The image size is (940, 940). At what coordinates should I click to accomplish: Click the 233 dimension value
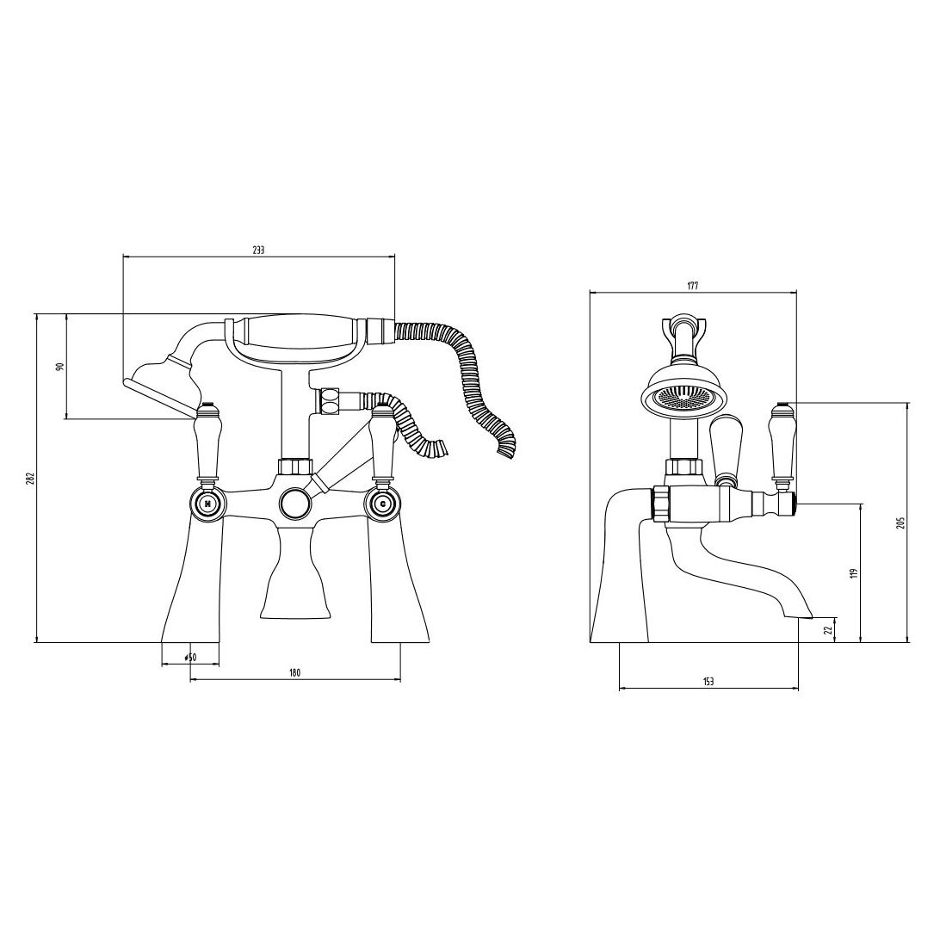(x=258, y=250)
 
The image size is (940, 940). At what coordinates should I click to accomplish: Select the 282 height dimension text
(x=29, y=478)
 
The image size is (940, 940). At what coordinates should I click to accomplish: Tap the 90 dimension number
(x=59, y=366)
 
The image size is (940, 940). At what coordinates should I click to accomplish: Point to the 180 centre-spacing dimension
(x=294, y=673)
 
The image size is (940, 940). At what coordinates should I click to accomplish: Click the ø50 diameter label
(x=190, y=658)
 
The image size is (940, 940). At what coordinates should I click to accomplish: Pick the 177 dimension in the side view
(x=693, y=286)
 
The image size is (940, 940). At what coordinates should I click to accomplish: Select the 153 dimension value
(x=708, y=681)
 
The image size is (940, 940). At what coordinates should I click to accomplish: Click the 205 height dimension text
(x=900, y=523)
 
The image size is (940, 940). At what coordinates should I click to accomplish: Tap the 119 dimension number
(x=854, y=572)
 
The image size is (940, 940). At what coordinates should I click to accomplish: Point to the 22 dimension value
(x=828, y=630)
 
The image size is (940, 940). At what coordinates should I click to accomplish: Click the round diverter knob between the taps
(x=295, y=502)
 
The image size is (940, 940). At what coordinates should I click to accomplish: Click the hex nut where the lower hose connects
(x=329, y=402)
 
